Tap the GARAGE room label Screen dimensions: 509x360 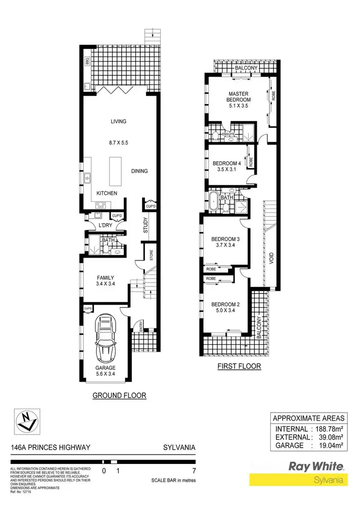(x=105, y=368)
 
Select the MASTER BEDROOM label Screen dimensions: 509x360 (x=240, y=96)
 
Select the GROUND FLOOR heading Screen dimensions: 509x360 (x=120, y=396)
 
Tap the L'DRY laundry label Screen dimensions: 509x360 (x=105, y=226)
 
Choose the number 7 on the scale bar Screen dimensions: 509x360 (x=193, y=471)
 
